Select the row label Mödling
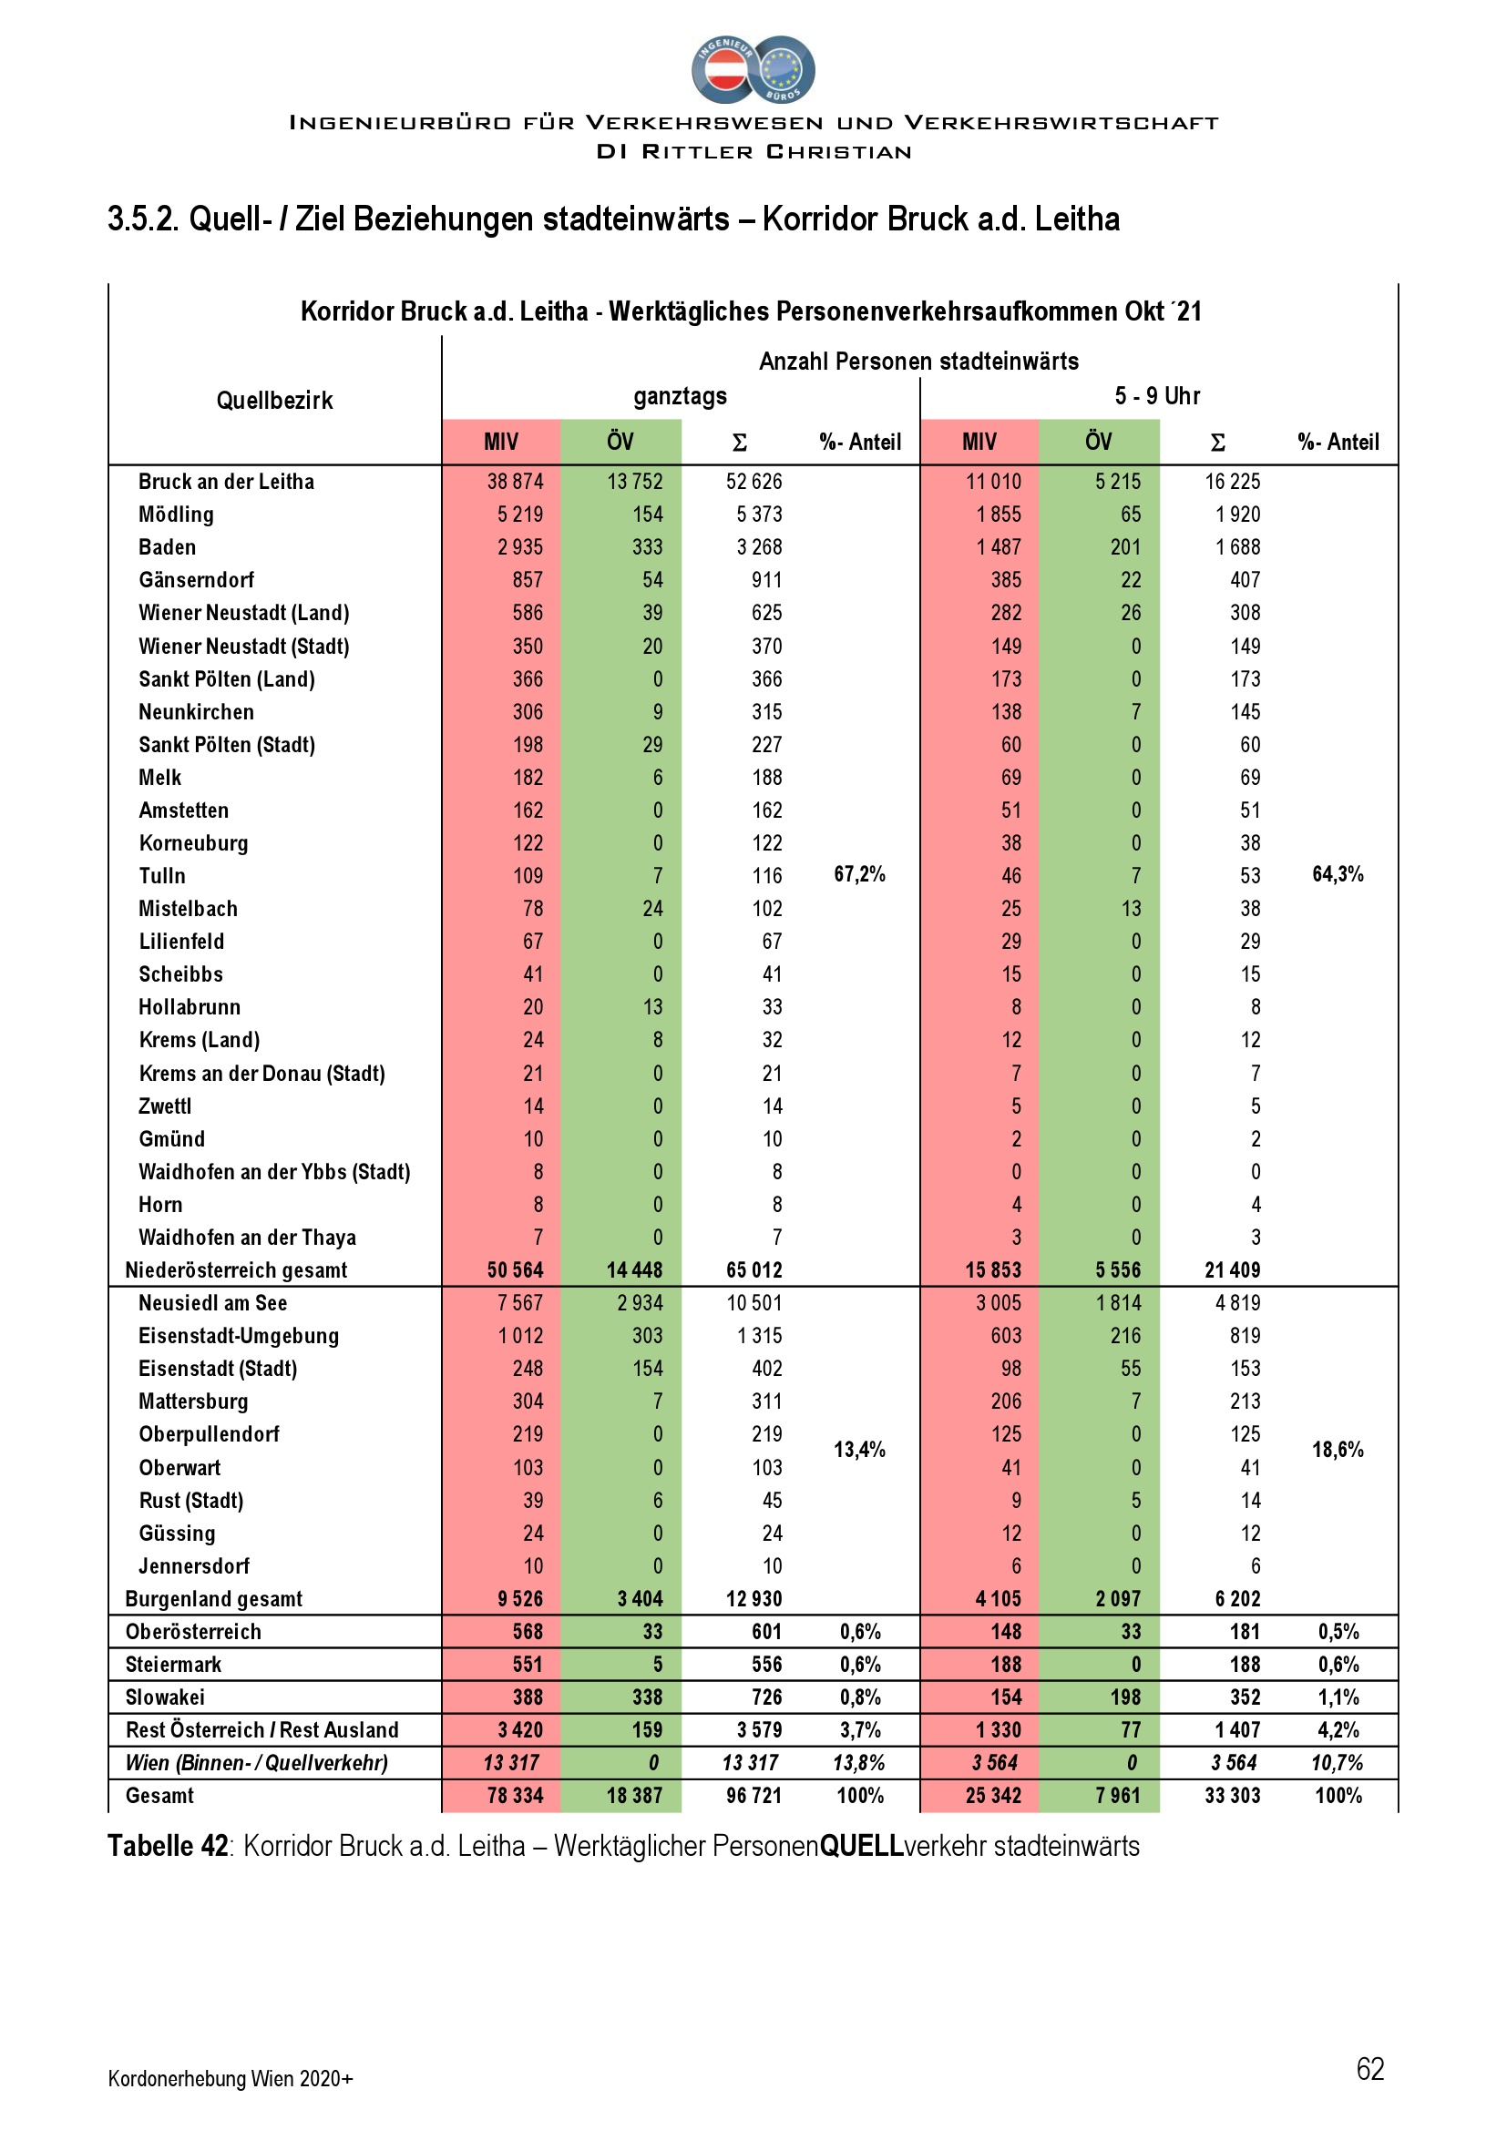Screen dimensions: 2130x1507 pos(177,514)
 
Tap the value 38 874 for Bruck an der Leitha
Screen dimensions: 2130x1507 pos(515,482)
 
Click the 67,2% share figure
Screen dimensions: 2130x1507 pos(859,874)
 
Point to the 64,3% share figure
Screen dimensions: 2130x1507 pos(1338,874)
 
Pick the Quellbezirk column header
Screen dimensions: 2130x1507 pos(274,401)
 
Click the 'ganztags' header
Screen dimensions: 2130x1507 pos(681,396)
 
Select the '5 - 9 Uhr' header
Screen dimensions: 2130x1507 pos(1157,396)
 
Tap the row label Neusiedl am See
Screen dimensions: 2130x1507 pos(212,1302)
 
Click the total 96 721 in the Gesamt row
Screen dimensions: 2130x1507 pos(753,1795)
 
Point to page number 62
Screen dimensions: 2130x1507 pos(1369,2069)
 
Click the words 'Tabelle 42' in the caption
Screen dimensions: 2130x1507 pos(168,1846)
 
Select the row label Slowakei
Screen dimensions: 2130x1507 pos(165,1697)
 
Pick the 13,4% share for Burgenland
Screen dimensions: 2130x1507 pos(859,1449)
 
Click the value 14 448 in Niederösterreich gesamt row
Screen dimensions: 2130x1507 pos(635,1270)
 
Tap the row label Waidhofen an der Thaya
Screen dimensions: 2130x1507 pos(247,1238)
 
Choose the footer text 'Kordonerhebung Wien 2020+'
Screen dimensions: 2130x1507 pos(231,2079)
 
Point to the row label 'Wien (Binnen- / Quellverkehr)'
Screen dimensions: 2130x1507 pos(257,1763)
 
